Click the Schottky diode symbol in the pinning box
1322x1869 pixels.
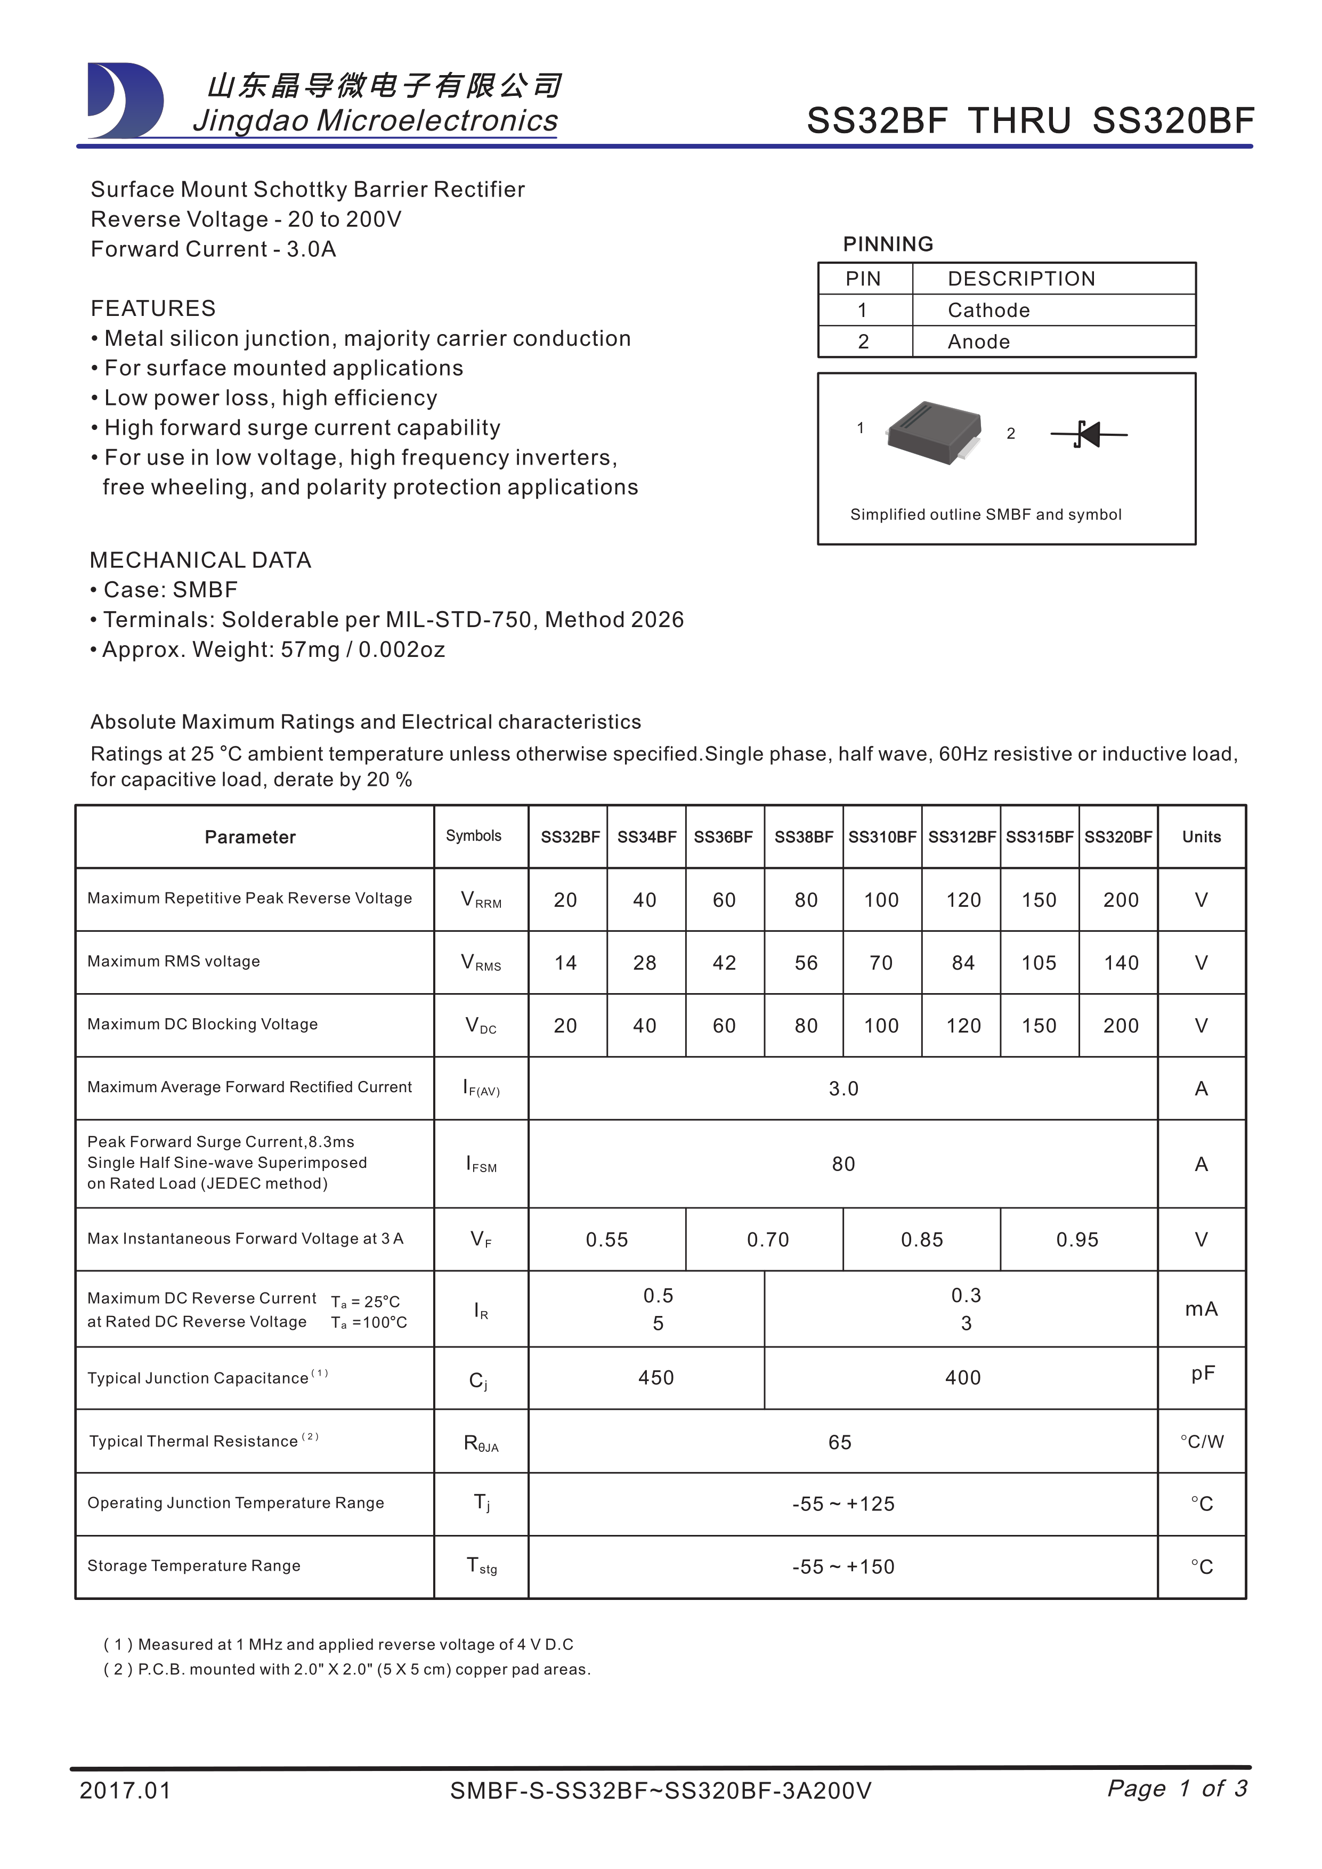pos(1089,434)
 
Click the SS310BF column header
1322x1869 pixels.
pos(882,837)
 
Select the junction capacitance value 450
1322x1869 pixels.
pos(656,1378)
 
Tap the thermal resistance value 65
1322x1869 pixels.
pos(840,1442)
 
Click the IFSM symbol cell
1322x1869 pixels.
pos(481,1164)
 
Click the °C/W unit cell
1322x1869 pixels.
pos(1202,1442)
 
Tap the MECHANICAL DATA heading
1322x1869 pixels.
pos(200,560)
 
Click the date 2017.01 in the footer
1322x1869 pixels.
pos(125,1791)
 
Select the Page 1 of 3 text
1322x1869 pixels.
pos(1177,1789)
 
